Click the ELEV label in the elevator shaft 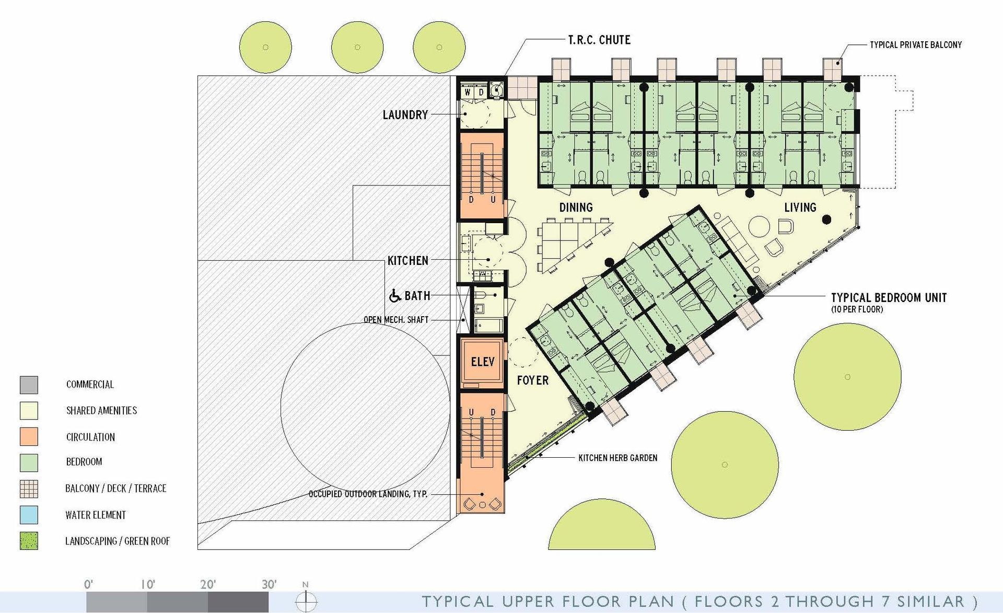[x=483, y=362]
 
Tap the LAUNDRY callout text [x=405, y=115]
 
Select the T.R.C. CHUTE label [x=599, y=40]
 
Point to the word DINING [x=576, y=207]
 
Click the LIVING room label [x=800, y=207]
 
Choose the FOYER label [x=533, y=380]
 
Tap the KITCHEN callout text [x=408, y=260]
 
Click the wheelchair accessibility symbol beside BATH [x=395, y=296]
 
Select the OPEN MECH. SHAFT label [x=396, y=320]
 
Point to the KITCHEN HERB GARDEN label [x=618, y=458]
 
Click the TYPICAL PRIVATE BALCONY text [x=916, y=45]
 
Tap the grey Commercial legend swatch [x=29, y=385]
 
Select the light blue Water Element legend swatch [x=29, y=515]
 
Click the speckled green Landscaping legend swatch [x=29, y=541]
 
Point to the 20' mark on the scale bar [x=208, y=584]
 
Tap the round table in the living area [x=760, y=227]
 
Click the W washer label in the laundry [x=468, y=92]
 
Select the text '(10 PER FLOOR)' [x=857, y=309]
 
